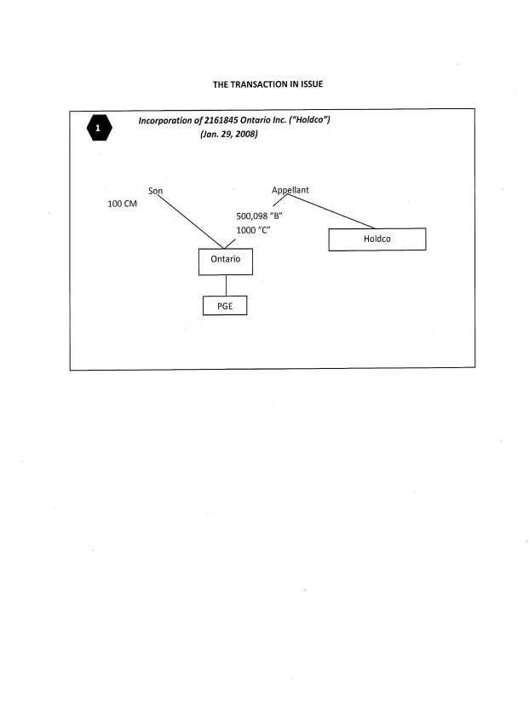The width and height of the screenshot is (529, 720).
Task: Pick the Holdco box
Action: click(x=377, y=239)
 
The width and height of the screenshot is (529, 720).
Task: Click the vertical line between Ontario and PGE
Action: click(x=225, y=285)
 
